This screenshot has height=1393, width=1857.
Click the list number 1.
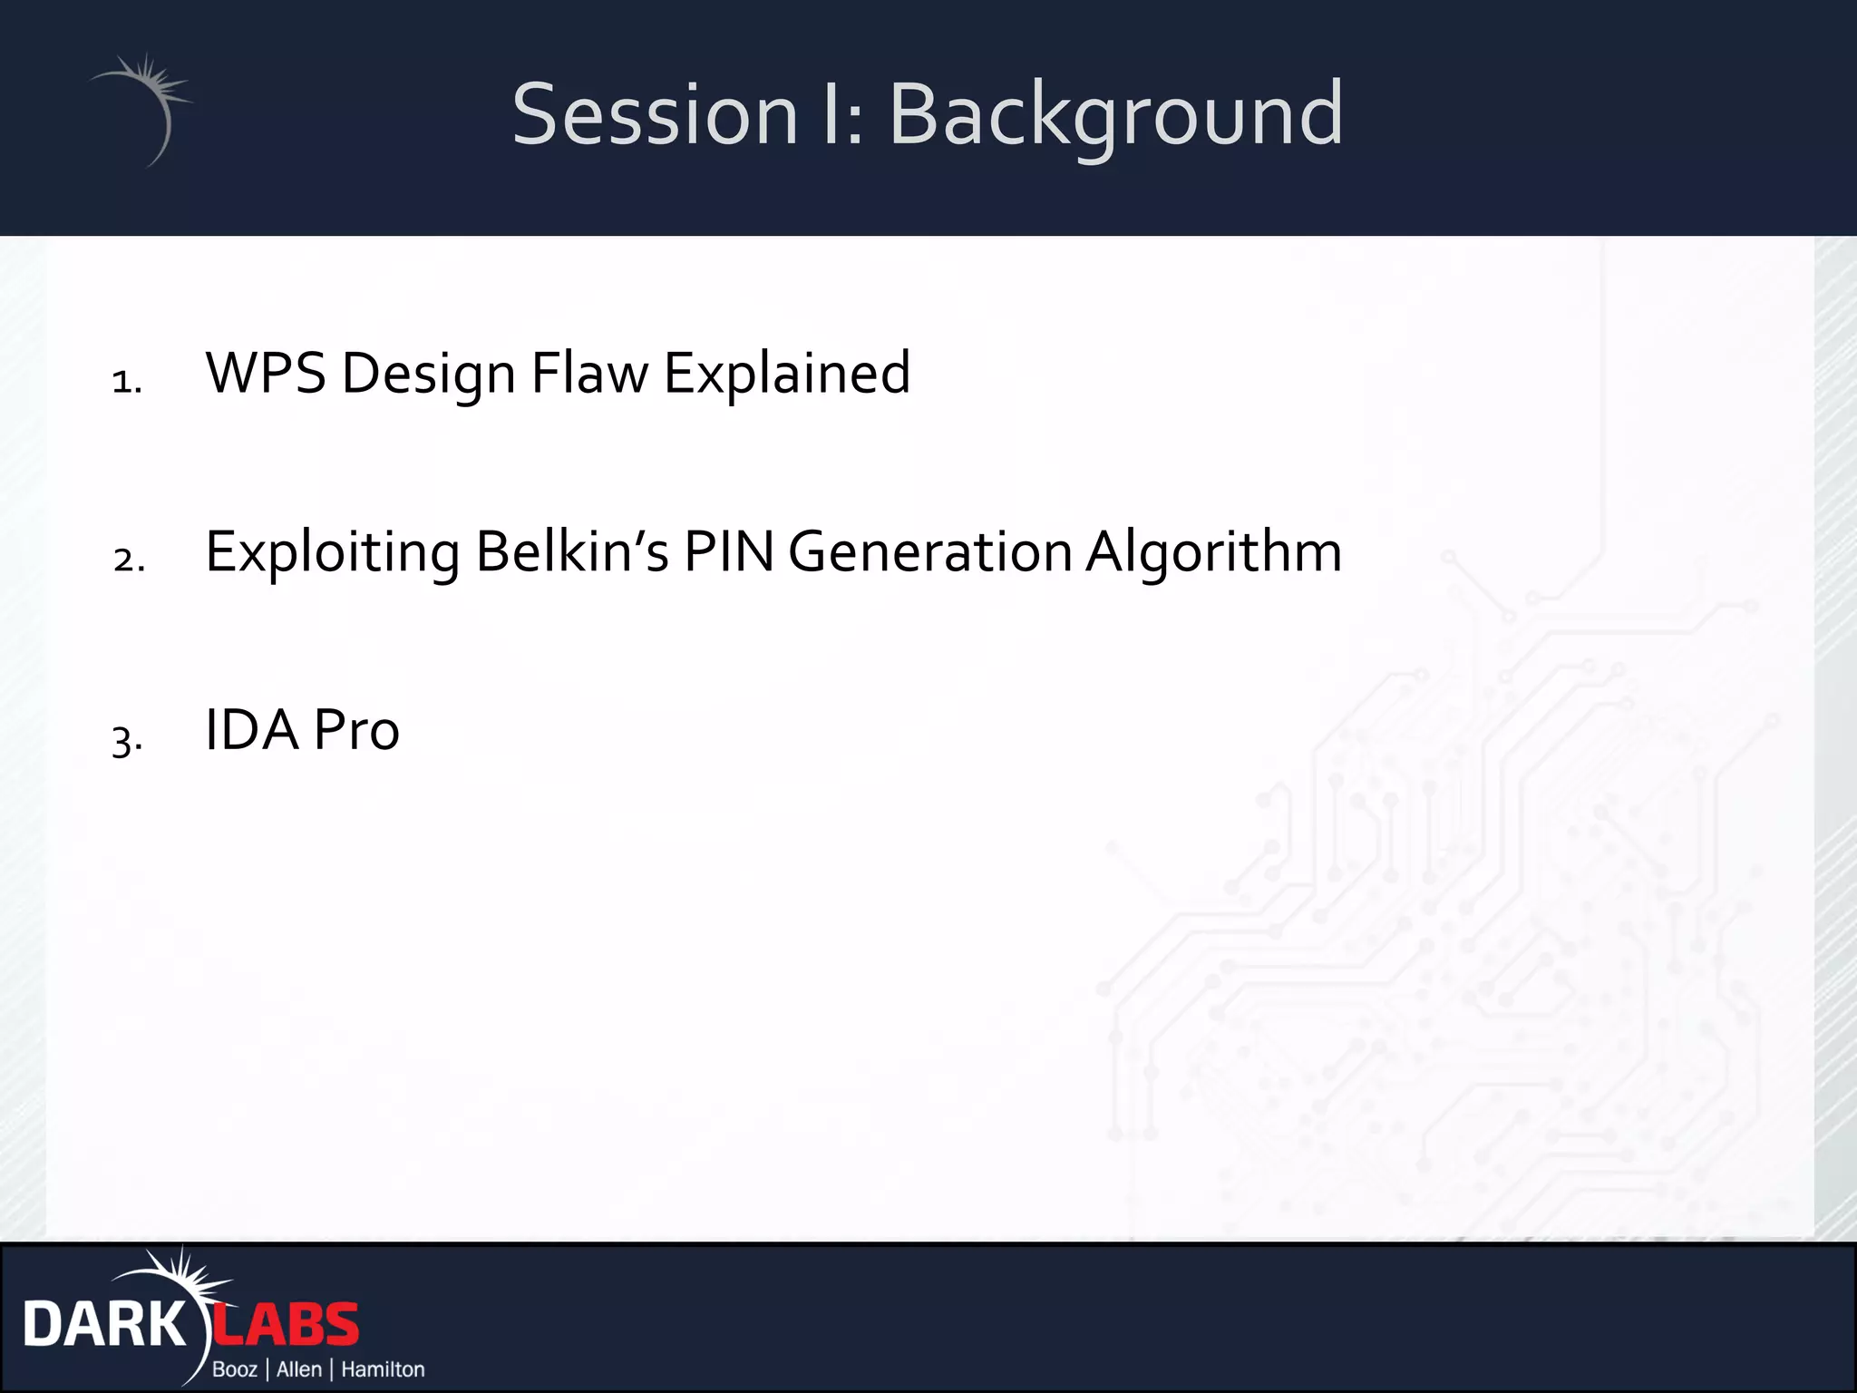pyautogui.click(x=127, y=381)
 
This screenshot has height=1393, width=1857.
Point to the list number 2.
pyautogui.click(x=129, y=560)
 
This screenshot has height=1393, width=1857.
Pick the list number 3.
pyautogui.click(x=127, y=739)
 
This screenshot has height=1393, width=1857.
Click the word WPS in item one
pyautogui.click(x=265, y=373)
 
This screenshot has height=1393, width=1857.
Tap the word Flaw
pyautogui.click(x=589, y=373)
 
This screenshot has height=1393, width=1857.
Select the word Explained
pyautogui.click(x=786, y=373)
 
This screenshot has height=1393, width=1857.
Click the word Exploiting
pyautogui.click(x=332, y=551)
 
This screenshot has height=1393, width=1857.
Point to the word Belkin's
pyautogui.click(x=571, y=551)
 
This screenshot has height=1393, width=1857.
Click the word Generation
pyautogui.click(x=930, y=551)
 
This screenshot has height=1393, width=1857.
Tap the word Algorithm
pyautogui.click(x=1213, y=551)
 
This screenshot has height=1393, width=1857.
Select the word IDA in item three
pyautogui.click(x=252, y=730)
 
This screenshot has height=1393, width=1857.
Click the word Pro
pyautogui.click(x=356, y=730)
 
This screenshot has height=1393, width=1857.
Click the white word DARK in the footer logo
pyautogui.click(x=103, y=1325)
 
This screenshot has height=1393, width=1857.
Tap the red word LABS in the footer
pyautogui.click(x=287, y=1325)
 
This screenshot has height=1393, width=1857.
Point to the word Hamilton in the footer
pyautogui.click(x=383, y=1369)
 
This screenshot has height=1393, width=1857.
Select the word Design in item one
pyautogui.click(x=428, y=373)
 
